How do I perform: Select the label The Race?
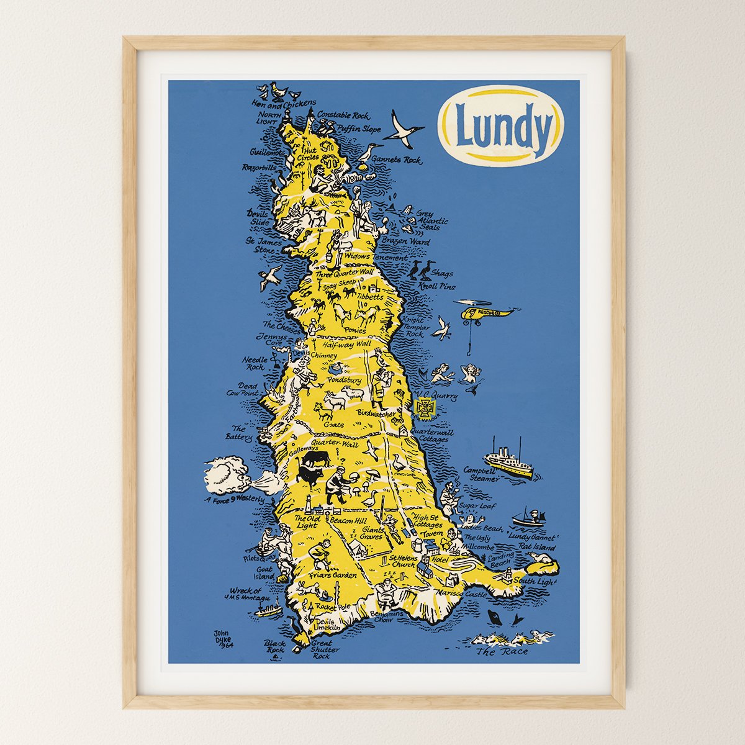click(x=502, y=652)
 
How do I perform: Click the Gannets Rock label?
click(x=395, y=159)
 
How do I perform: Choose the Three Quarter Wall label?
click(x=344, y=273)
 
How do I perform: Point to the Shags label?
click(x=444, y=273)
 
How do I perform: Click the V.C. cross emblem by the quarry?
click(x=426, y=407)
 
